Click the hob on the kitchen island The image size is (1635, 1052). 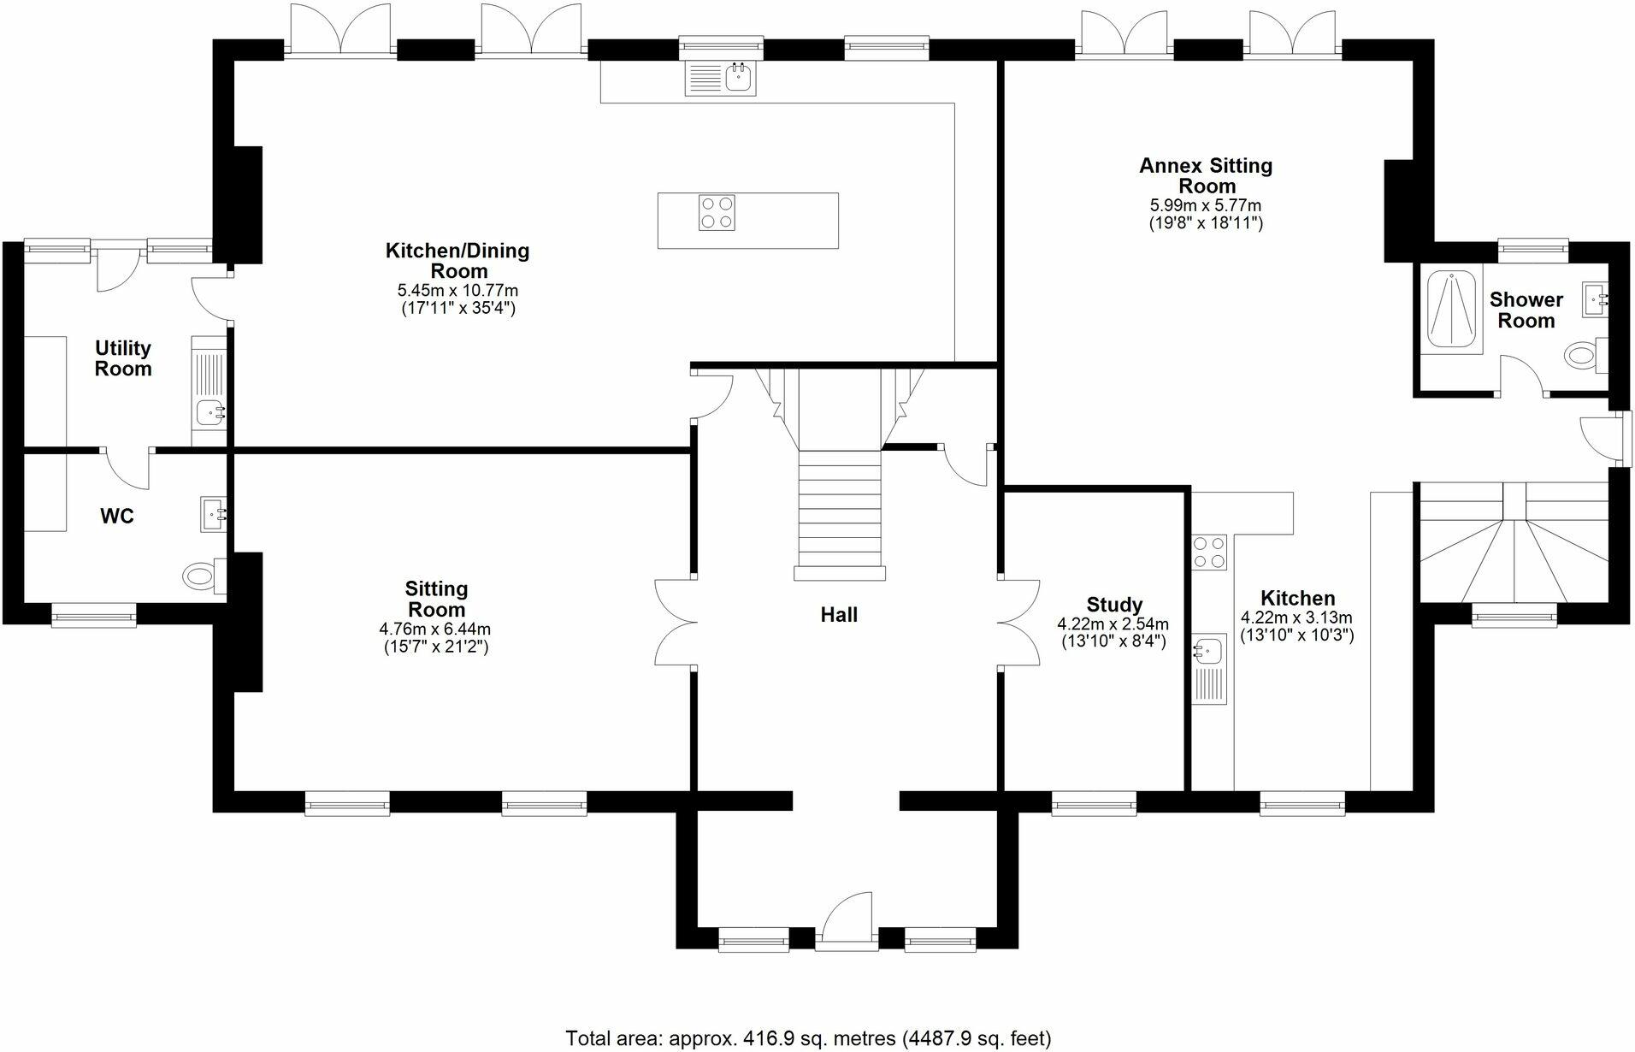[717, 213]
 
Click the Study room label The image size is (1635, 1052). [1114, 606]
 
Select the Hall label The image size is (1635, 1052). [838, 614]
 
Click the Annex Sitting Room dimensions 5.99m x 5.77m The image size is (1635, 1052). [1205, 206]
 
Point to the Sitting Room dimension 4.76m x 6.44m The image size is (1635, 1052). [435, 629]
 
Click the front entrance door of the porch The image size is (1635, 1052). [846, 922]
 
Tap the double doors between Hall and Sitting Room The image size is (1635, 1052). [676, 623]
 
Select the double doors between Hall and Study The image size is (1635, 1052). [1019, 623]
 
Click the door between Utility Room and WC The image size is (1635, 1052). [127, 469]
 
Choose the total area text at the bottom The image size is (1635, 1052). [808, 1038]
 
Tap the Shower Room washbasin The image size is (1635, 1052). [1595, 298]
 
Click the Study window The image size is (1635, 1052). [1094, 802]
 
